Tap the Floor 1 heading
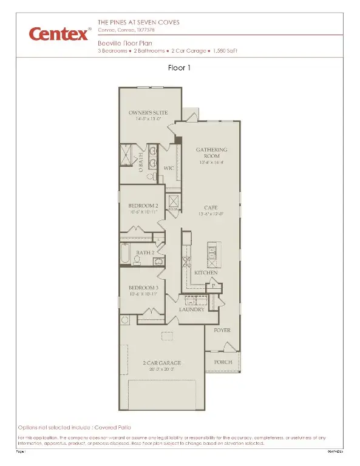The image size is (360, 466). [x=180, y=68]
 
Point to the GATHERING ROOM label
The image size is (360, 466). [x=211, y=152]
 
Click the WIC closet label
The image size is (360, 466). [x=170, y=169]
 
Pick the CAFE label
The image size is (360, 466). [x=211, y=208]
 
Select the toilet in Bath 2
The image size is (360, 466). [x=138, y=260]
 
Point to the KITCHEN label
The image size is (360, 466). [x=206, y=273]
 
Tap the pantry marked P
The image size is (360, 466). [x=214, y=286]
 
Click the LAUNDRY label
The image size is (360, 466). [x=191, y=309]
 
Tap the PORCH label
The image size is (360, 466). [x=223, y=362]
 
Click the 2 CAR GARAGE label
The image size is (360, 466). [x=162, y=363]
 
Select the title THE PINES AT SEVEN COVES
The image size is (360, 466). [x=138, y=23]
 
